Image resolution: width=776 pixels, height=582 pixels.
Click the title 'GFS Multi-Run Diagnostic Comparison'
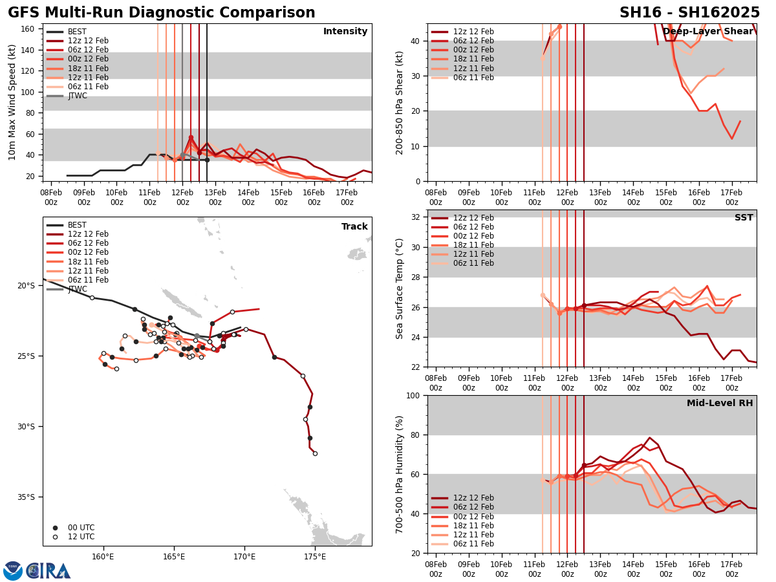pyautogui.click(x=162, y=13)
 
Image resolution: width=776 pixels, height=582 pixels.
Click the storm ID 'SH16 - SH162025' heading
pyautogui.click(x=689, y=13)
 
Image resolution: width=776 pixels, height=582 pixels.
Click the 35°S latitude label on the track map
pyautogui.click(x=25, y=497)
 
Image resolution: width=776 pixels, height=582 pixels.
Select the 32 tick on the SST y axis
pyautogui.click(x=416, y=217)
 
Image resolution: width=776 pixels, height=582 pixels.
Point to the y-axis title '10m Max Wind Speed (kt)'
pyautogui.click(x=12, y=102)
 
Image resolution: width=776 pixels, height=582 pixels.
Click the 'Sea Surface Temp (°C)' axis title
pyautogui.click(x=400, y=288)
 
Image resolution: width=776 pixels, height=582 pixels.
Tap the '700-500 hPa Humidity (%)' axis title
pyautogui.click(x=400, y=474)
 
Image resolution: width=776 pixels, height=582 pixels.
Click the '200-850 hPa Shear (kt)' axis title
pyautogui.click(x=400, y=102)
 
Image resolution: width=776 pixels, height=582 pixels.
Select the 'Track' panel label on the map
pyautogui.click(x=354, y=226)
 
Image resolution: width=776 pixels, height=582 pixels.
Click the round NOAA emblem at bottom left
pyautogui.click(x=12, y=570)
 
